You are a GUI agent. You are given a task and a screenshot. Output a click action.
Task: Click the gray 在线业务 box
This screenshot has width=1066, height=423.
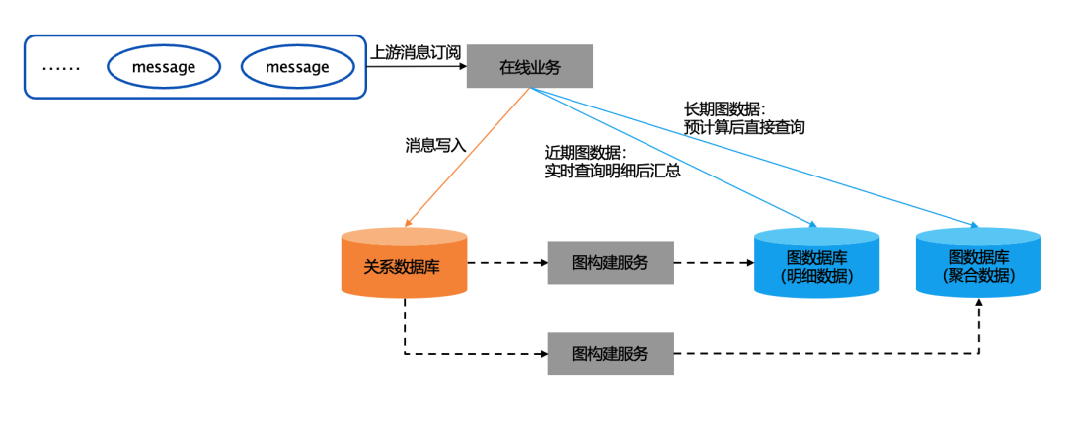tap(529, 66)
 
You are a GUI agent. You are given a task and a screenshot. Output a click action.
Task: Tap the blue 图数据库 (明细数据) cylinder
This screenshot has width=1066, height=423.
tap(816, 263)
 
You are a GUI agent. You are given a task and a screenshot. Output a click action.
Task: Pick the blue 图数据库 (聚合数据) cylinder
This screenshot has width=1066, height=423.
tap(977, 263)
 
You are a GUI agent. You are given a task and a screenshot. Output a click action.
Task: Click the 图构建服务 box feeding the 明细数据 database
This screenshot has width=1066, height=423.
tap(610, 263)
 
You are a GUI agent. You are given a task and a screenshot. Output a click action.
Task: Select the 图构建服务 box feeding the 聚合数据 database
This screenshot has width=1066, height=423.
tap(610, 353)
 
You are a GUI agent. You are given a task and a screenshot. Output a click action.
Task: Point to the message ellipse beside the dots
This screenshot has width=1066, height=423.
tap(164, 67)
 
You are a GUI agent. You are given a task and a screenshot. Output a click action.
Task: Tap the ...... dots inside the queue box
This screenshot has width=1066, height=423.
tap(61, 68)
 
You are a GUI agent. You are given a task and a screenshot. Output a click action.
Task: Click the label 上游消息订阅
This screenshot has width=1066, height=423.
tap(416, 51)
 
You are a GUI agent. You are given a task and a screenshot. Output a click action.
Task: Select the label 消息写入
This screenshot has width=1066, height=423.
tap(435, 145)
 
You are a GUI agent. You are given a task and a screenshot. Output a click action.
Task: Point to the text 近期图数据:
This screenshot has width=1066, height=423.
tap(585, 152)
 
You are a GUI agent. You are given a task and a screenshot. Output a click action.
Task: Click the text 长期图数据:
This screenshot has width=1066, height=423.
tap(724, 108)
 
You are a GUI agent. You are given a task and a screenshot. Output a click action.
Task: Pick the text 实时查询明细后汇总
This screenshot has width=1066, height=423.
tap(612, 171)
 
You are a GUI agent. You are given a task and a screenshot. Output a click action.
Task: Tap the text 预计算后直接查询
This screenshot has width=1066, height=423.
tap(744, 127)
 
